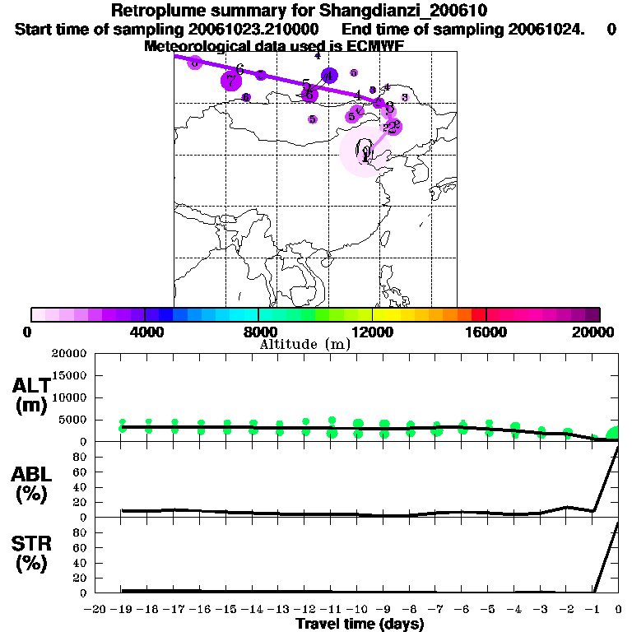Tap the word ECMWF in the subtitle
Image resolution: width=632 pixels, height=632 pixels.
tap(376, 46)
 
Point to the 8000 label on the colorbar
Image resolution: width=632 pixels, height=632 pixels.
tap(258, 332)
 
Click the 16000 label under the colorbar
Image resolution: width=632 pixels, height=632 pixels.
tap(486, 332)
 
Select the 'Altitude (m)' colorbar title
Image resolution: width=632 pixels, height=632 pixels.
tap(304, 345)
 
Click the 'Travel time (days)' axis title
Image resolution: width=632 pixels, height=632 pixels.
tap(360, 625)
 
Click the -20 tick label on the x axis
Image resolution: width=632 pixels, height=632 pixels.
tap(95, 609)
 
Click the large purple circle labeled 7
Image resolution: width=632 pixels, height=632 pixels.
tap(230, 81)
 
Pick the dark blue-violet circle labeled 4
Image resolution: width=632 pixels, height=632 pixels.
tap(329, 77)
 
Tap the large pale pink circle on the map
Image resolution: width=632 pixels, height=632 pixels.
tap(363, 153)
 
